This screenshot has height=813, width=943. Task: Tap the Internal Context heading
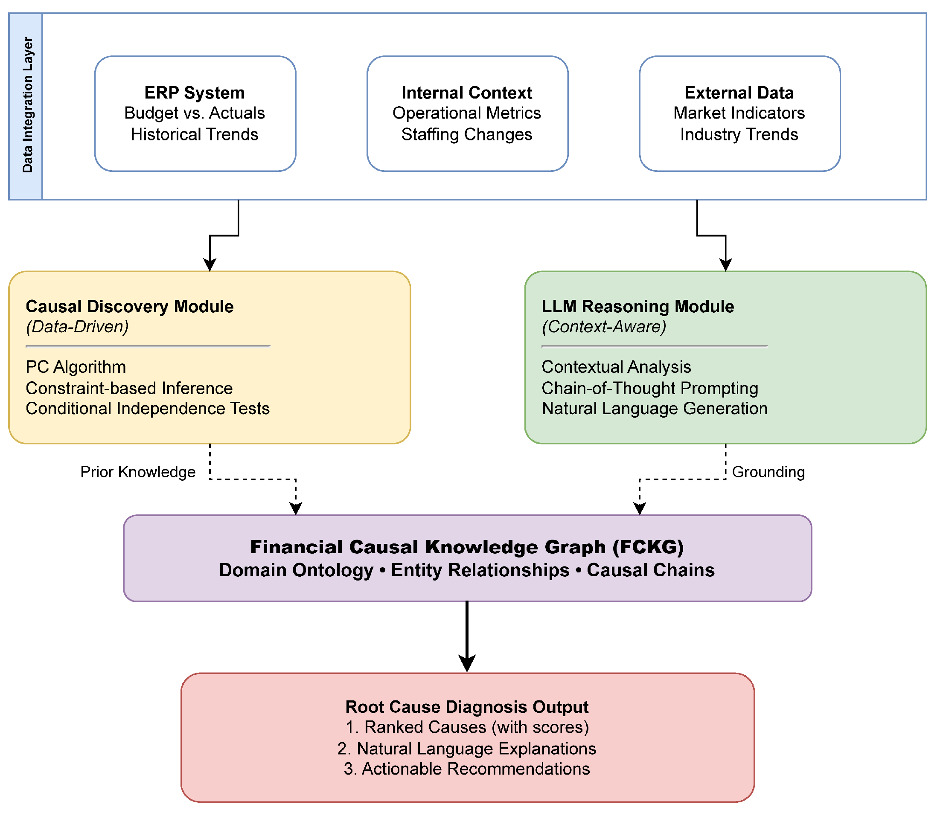tap(466, 93)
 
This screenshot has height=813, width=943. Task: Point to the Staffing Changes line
tap(466, 135)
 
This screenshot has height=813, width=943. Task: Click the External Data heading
tap(739, 93)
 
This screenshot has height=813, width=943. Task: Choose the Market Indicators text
tap(739, 113)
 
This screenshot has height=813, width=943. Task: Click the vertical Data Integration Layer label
tap(27, 105)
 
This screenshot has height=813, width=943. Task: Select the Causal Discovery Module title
tap(130, 307)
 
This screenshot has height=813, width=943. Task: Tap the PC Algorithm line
tap(76, 367)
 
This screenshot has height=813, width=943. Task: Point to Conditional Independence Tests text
tap(148, 409)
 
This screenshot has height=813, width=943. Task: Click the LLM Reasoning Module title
tap(637, 307)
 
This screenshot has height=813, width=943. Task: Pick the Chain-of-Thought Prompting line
tap(649, 388)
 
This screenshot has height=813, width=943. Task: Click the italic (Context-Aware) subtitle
tap(603, 327)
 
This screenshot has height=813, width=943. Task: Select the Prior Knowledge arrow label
tap(138, 472)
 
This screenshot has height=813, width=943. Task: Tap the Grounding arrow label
tap(768, 472)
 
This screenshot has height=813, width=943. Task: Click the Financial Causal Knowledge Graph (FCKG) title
tap(466, 547)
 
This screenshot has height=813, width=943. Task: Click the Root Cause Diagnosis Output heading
tap(466, 707)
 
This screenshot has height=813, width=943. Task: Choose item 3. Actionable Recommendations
tap(466, 769)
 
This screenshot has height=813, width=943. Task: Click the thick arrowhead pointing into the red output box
tap(467, 663)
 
